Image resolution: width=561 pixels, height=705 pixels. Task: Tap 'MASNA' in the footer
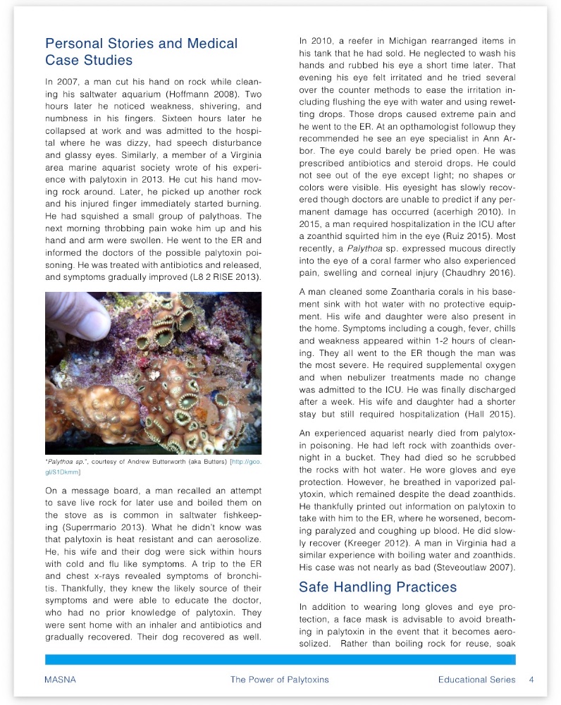[59, 680]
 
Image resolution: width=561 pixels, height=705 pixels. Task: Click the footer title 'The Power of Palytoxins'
[280, 680]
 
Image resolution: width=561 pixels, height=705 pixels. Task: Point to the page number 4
[531, 680]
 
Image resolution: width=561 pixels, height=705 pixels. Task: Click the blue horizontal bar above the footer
[280, 659]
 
